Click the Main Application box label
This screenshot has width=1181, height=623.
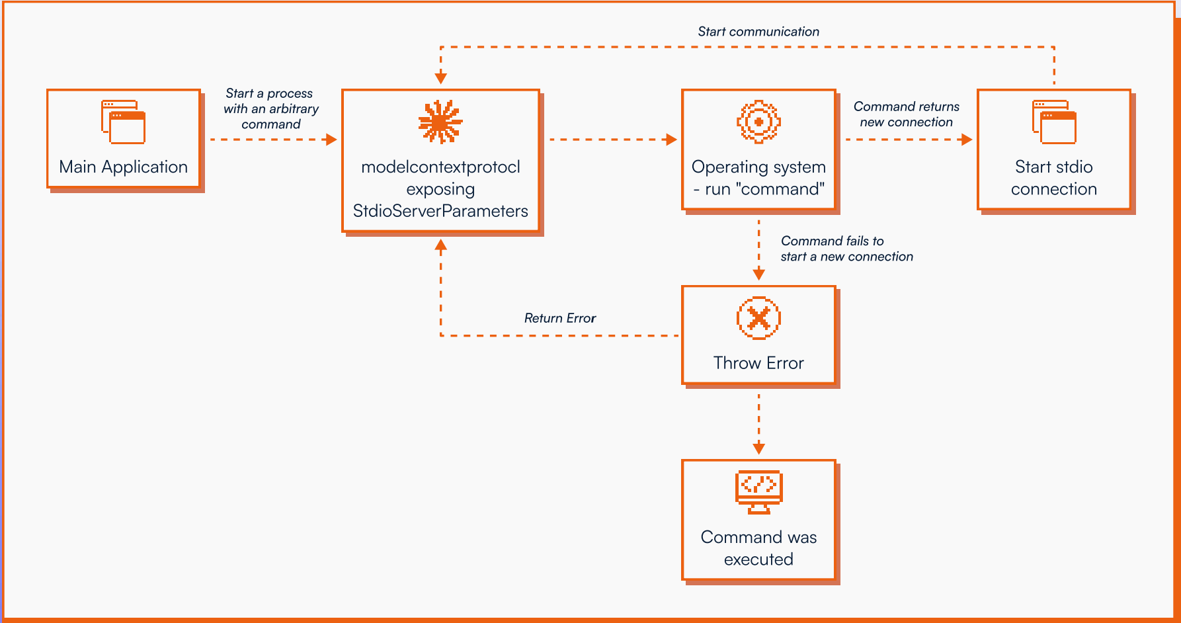click(x=123, y=167)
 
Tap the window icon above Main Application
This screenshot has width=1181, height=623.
click(x=123, y=122)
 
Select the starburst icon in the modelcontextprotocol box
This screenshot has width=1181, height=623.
click(x=440, y=122)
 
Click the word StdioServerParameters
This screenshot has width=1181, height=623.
click(x=440, y=211)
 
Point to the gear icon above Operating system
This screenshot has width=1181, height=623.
click(x=758, y=122)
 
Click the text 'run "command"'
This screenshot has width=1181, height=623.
click(x=764, y=189)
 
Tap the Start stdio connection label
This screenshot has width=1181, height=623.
click(x=1053, y=178)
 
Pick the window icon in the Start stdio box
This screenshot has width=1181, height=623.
click(x=1054, y=122)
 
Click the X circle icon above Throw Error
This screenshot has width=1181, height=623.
click(x=758, y=318)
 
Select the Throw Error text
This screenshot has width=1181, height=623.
click(x=758, y=363)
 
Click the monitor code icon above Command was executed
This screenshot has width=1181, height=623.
click(x=758, y=491)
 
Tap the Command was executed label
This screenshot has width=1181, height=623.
click(x=758, y=548)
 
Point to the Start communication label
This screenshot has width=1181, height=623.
click(x=758, y=32)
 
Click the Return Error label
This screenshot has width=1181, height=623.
click(x=560, y=318)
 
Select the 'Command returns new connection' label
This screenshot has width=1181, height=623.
click(x=906, y=114)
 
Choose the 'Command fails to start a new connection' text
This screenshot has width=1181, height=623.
click(x=846, y=249)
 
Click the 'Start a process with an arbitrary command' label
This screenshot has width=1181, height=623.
click(x=270, y=108)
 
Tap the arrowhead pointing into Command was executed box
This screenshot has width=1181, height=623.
click(x=758, y=448)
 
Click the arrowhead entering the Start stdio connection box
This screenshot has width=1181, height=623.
click(x=967, y=140)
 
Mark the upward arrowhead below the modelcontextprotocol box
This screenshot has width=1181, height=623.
click(x=441, y=245)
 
